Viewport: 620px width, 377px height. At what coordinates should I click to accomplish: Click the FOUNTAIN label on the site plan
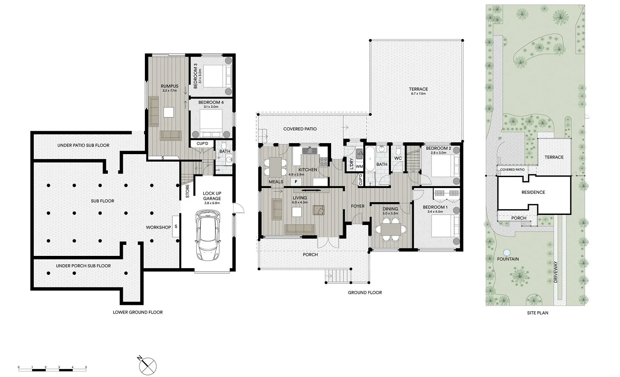508,259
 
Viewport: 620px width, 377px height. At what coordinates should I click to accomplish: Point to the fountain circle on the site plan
506,253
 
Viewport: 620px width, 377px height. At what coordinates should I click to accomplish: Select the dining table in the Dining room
390,229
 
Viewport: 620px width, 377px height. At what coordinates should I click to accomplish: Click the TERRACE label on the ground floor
418,89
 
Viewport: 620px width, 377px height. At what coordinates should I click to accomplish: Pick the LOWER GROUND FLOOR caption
137,312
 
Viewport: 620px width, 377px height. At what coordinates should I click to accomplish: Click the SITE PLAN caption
537,313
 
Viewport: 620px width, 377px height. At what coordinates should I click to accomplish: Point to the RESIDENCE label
533,192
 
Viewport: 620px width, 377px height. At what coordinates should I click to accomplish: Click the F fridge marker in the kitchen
296,181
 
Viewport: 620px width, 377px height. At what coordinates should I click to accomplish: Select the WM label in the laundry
359,166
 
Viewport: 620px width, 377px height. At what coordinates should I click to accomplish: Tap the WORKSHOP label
159,227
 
